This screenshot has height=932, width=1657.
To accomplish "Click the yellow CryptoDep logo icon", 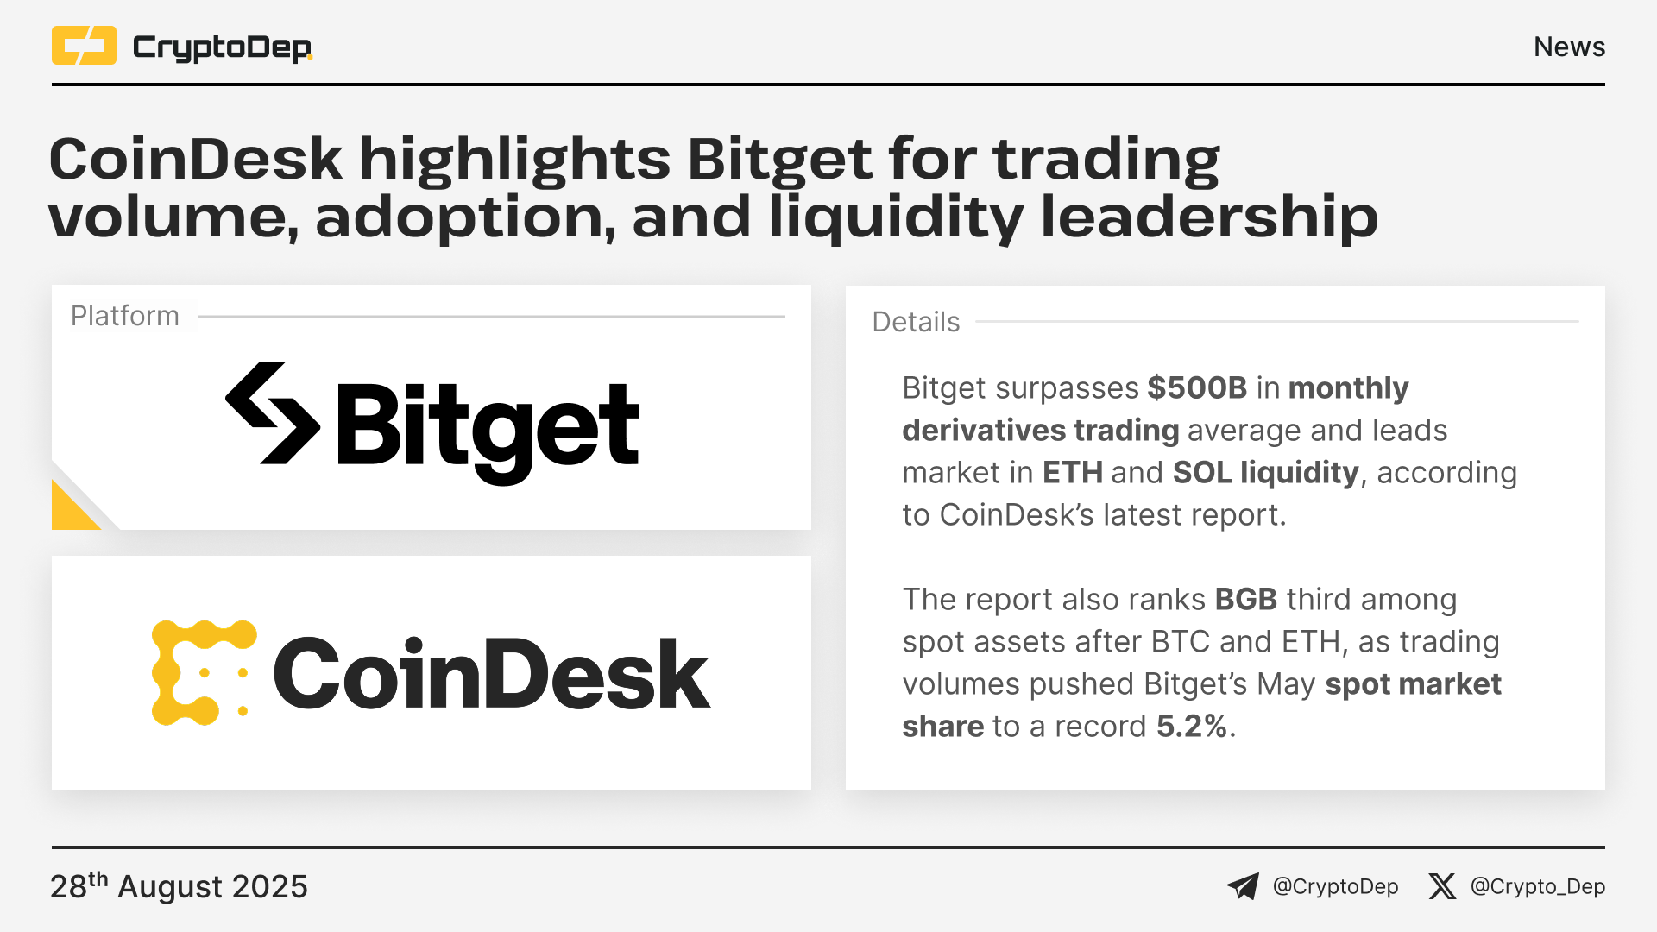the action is click(84, 46).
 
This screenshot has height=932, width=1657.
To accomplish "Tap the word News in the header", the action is click(1569, 47).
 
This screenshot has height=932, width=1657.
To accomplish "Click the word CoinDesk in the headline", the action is click(196, 159).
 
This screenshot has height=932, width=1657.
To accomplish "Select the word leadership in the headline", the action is click(1208, 216).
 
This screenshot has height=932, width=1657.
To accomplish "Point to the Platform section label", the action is click(125, 316).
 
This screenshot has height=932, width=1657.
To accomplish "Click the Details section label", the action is click(916, 322).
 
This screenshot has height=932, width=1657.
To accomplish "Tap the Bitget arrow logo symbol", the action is click(273, 412).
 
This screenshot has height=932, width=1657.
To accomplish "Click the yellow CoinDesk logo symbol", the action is click(205, 673).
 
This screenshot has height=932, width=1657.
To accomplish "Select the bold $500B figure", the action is click(1197, 388).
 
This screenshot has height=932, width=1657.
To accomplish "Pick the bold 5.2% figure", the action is click(1192, 727).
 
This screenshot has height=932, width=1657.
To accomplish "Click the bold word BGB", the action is click(1246, 600).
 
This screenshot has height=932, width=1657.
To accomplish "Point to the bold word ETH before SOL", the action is click(1073, 473).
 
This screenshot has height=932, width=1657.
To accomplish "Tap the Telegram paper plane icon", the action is click(1243, 886).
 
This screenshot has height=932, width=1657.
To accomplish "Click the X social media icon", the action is click(1442, 886).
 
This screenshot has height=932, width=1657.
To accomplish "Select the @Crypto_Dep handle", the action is click(1538, 887).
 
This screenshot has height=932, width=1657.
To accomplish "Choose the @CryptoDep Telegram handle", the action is click(1335, 887).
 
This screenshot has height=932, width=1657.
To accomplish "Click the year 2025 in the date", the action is click(270, 887).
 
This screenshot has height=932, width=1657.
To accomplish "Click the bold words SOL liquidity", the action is click(1266, 474).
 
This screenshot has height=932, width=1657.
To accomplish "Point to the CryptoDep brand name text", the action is click(223, 47).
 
